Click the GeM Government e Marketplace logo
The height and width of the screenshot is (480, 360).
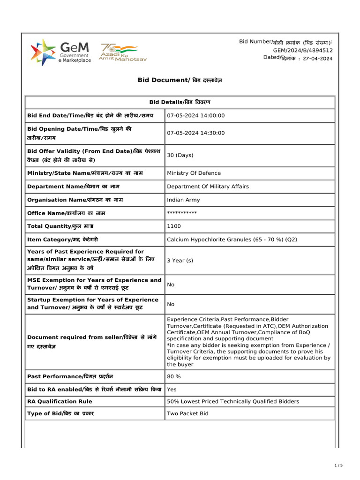coord(60,52)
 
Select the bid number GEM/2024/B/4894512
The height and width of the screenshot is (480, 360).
coord(303,50)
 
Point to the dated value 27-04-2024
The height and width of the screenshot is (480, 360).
coord(318,59)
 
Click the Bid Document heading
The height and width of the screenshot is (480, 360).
coord(180,80)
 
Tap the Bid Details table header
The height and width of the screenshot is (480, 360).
coord(180,102)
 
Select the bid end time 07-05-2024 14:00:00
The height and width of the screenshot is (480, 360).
coord(196,116)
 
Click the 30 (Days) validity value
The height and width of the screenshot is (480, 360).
coord(180,155)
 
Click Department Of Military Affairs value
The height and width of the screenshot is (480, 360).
coord(208,187)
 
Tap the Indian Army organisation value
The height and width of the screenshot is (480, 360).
coord(183,200)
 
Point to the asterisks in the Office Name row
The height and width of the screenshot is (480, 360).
coord(182,213)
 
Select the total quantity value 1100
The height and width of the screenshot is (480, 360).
coord(173,226)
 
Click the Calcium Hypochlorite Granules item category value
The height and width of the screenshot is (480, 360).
coord(232,240)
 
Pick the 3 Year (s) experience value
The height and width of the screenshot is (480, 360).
coord(180,260)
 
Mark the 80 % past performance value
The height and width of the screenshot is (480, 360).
coord(174,376)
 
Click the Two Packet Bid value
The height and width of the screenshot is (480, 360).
coord(187,414)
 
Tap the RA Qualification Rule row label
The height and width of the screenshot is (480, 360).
coord(60,401)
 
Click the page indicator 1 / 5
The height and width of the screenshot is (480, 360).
coord(339,465)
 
